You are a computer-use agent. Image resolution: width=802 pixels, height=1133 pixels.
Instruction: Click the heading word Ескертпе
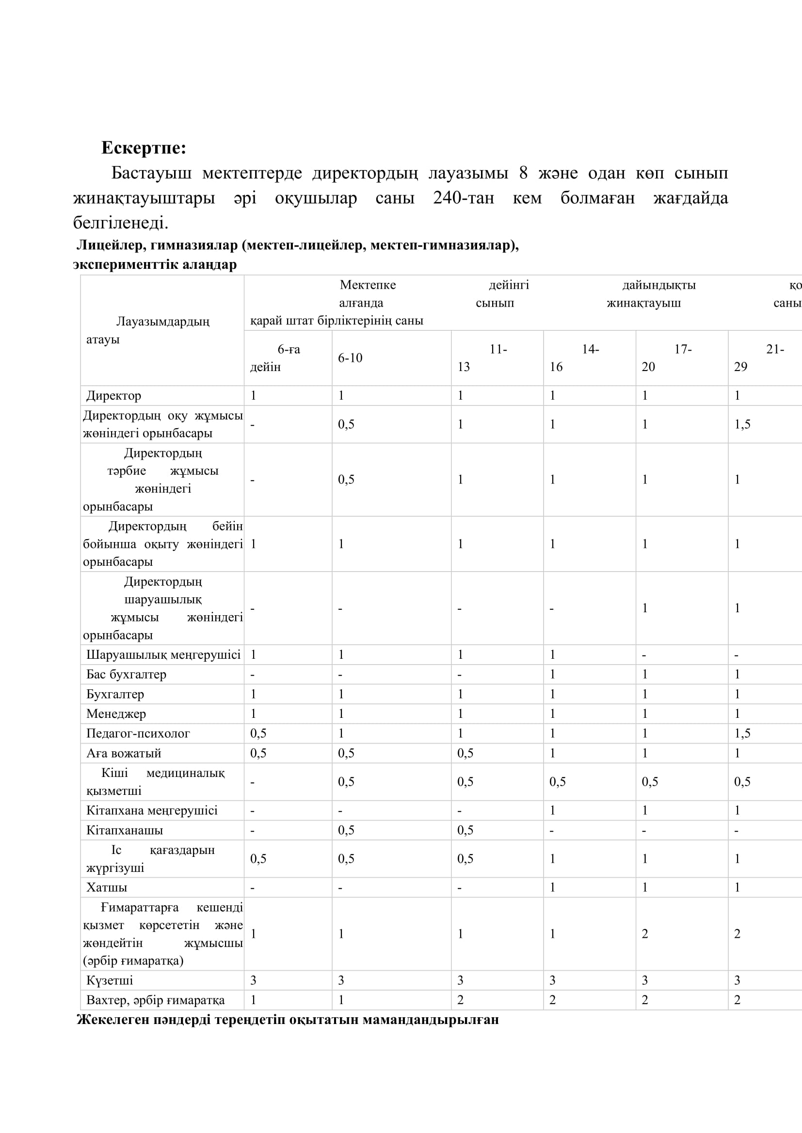[x=143, y=148]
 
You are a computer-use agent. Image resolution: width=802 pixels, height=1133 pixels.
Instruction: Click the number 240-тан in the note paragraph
[x=463, y=198]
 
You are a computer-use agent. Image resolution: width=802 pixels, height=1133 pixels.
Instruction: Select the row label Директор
[x=113, y=396]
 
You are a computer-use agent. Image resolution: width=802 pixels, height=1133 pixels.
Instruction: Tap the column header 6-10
[x=350, y=358]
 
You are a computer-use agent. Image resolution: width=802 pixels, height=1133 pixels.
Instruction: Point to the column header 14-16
[x=574, y=358]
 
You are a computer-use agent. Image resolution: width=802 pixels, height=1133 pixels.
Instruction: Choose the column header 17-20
[x=667, y=358]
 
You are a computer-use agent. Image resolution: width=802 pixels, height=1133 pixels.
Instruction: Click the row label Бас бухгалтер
[x=126, y=675]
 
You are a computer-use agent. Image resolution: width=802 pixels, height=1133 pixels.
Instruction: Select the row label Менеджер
[x=116, y=714]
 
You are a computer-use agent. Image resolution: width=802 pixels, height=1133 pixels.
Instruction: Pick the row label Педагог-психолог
[x=138, y=734]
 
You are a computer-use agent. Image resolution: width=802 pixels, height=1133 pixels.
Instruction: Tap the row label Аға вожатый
[x=124, y=754]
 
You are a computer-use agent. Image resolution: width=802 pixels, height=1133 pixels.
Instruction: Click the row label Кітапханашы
[x=125, y=831]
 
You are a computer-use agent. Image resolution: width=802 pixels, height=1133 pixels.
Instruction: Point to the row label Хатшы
[x=107, y=888]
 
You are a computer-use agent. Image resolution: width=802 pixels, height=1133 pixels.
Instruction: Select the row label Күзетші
[x=110, y=980]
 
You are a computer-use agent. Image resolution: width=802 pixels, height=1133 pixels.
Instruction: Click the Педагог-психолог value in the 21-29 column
[x=742, y=734]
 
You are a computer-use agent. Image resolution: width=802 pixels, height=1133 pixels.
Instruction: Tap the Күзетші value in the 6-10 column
[x=341, y=980]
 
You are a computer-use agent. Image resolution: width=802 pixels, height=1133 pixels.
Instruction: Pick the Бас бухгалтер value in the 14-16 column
[x=553, y=675]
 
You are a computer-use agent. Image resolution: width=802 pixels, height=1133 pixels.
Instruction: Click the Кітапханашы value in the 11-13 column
[x=465, y=831]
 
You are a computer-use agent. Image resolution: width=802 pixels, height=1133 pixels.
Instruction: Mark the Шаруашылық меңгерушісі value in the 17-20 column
[x=644, y=655]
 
